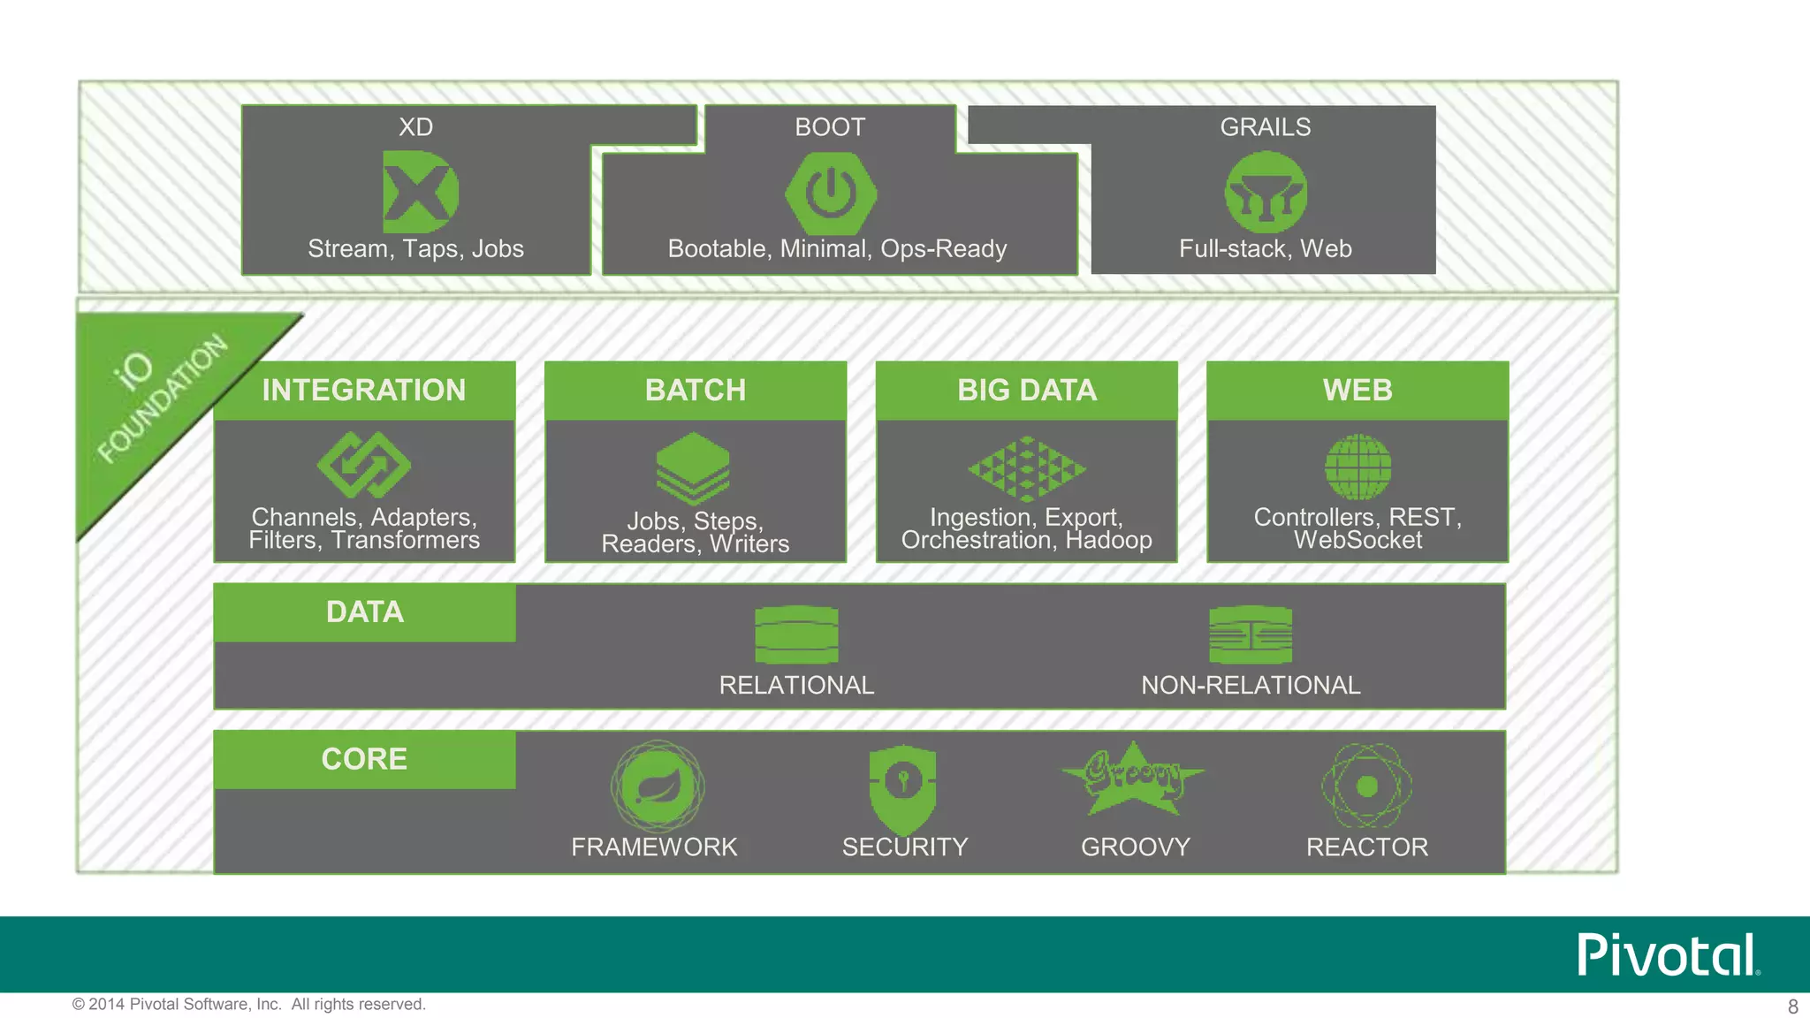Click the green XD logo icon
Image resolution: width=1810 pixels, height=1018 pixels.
tap(420, 192)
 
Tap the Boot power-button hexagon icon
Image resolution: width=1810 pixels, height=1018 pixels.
tap(831, 193)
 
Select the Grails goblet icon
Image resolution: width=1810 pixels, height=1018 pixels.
tap(1266, 192)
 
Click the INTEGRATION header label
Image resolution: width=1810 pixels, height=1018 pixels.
tap(364, 390)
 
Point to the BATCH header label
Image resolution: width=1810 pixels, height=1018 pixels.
tap(696, 390)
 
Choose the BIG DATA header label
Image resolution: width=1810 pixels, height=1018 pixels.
tap(1027, 390)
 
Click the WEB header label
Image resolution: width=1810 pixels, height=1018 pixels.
tap(1357, 390)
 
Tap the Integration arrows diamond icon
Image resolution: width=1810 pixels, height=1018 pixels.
tap(364, 465)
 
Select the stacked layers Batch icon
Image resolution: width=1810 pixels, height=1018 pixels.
tap(693, 467)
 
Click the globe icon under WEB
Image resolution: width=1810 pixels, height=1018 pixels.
tap(1358, 467)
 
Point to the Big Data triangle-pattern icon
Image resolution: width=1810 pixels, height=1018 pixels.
tap(1027, 468)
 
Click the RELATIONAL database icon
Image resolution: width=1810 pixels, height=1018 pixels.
tap(796, 634)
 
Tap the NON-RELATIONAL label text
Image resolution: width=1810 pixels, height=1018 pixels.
tap(1251, 685)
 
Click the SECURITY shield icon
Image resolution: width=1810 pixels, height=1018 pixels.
tap(902, 787)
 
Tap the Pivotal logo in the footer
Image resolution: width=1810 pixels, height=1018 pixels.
tap(1668, 954)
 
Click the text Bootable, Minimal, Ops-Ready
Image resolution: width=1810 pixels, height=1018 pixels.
tap(837, 248)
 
